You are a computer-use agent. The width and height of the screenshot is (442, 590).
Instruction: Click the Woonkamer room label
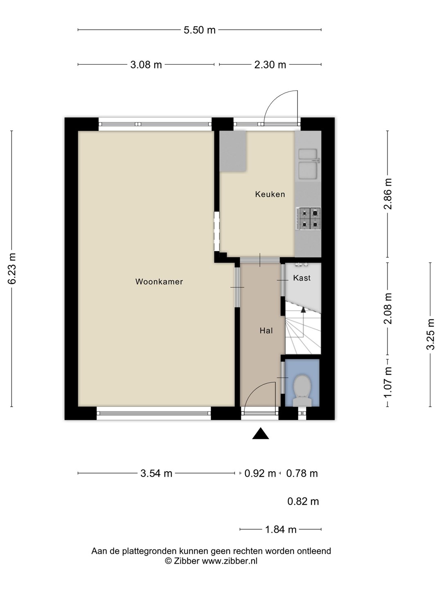tap(159, 282)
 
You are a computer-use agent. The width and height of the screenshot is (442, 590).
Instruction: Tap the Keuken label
tap(270, 194)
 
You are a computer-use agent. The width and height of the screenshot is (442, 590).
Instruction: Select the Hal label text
tap(266, 331)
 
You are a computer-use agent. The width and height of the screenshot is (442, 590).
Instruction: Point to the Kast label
tap(302, 278)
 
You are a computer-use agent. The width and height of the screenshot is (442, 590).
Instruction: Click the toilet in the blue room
tap(302, 390)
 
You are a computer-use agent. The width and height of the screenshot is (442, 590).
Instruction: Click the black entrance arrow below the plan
tap(261, 433)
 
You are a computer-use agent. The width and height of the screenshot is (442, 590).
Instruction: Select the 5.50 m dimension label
tap(199, 30)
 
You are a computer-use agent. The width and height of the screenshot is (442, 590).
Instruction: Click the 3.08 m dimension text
tap(146, 65)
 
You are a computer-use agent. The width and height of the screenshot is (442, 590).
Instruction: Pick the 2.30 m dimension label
tap(270, 65)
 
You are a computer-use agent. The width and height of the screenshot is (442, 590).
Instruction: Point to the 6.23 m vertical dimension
tap(12, 268)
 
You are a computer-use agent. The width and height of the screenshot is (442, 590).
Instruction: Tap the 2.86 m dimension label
tap(388, 193)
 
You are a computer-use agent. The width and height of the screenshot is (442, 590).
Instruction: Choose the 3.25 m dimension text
tap(431, 334)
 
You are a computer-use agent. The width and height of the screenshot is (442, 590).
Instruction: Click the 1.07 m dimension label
tap(388, 383)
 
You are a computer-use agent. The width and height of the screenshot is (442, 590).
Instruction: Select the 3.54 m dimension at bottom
tap(156, 473)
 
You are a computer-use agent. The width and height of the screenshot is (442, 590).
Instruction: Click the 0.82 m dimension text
tap(303, 501)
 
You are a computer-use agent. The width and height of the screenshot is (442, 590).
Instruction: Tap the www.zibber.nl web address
tap(230, 560)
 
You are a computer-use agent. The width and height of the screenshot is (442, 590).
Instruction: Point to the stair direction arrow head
tap(303, 310)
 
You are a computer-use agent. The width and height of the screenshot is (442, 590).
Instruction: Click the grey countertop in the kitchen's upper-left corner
tap(233, 151)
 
